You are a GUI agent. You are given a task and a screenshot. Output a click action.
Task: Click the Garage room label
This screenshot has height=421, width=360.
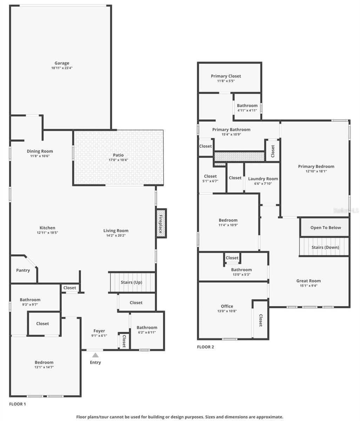click(x=62, y=63)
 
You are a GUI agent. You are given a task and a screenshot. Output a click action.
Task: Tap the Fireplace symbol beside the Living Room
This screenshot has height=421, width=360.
click(x=161, y=223)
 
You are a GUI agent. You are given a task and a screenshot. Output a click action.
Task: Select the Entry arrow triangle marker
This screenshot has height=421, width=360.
click(x=95, y=355)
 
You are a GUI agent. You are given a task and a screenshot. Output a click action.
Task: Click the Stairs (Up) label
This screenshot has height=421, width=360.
click(x=131, y=282)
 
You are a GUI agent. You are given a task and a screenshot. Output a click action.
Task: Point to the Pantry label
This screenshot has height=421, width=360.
click(x=23, y=270)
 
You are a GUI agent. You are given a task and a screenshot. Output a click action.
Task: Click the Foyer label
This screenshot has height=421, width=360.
click(x=99, y=331)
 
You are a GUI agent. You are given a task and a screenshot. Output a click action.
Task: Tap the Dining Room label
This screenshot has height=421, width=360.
click(x=40, y=151)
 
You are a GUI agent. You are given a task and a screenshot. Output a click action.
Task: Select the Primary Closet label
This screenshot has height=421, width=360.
click(x=226, y=76)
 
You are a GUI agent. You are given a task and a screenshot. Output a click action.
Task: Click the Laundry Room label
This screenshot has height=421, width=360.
click(x=263, y=179)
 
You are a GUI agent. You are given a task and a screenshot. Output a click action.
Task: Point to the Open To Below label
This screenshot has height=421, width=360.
click(x=325, y=227)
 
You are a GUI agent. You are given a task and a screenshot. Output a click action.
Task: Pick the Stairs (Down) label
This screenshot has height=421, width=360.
click(x=325, y=247)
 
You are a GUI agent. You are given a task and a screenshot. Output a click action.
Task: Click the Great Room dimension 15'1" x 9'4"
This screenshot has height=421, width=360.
click(x=308, y=286)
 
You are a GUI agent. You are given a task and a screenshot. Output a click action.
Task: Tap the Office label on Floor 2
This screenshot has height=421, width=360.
click(x=227, y=306)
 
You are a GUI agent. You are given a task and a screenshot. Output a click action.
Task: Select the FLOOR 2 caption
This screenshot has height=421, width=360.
click(x=205, y=347)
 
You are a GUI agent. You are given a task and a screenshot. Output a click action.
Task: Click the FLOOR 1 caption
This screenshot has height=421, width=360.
click(x=18, y=404)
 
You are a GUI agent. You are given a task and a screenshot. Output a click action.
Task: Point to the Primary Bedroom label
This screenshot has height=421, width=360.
click(x=316, y=166)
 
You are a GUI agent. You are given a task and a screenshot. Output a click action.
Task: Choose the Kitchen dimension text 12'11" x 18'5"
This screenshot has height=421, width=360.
click(x=47, y=233)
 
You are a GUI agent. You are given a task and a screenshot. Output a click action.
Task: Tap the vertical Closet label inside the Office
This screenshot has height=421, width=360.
click(x=261, y=320)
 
